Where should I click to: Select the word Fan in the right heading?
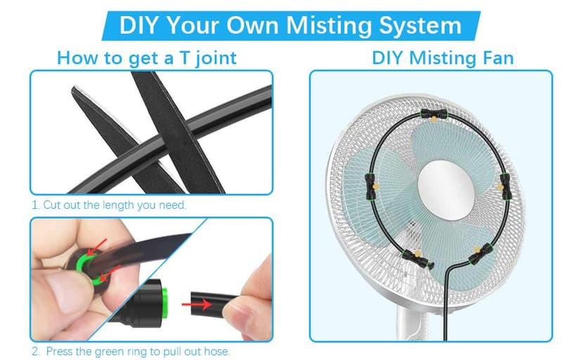click(494, 58)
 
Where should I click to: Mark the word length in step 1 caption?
click(116, 205)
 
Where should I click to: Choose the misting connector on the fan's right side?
click(503, 186)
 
